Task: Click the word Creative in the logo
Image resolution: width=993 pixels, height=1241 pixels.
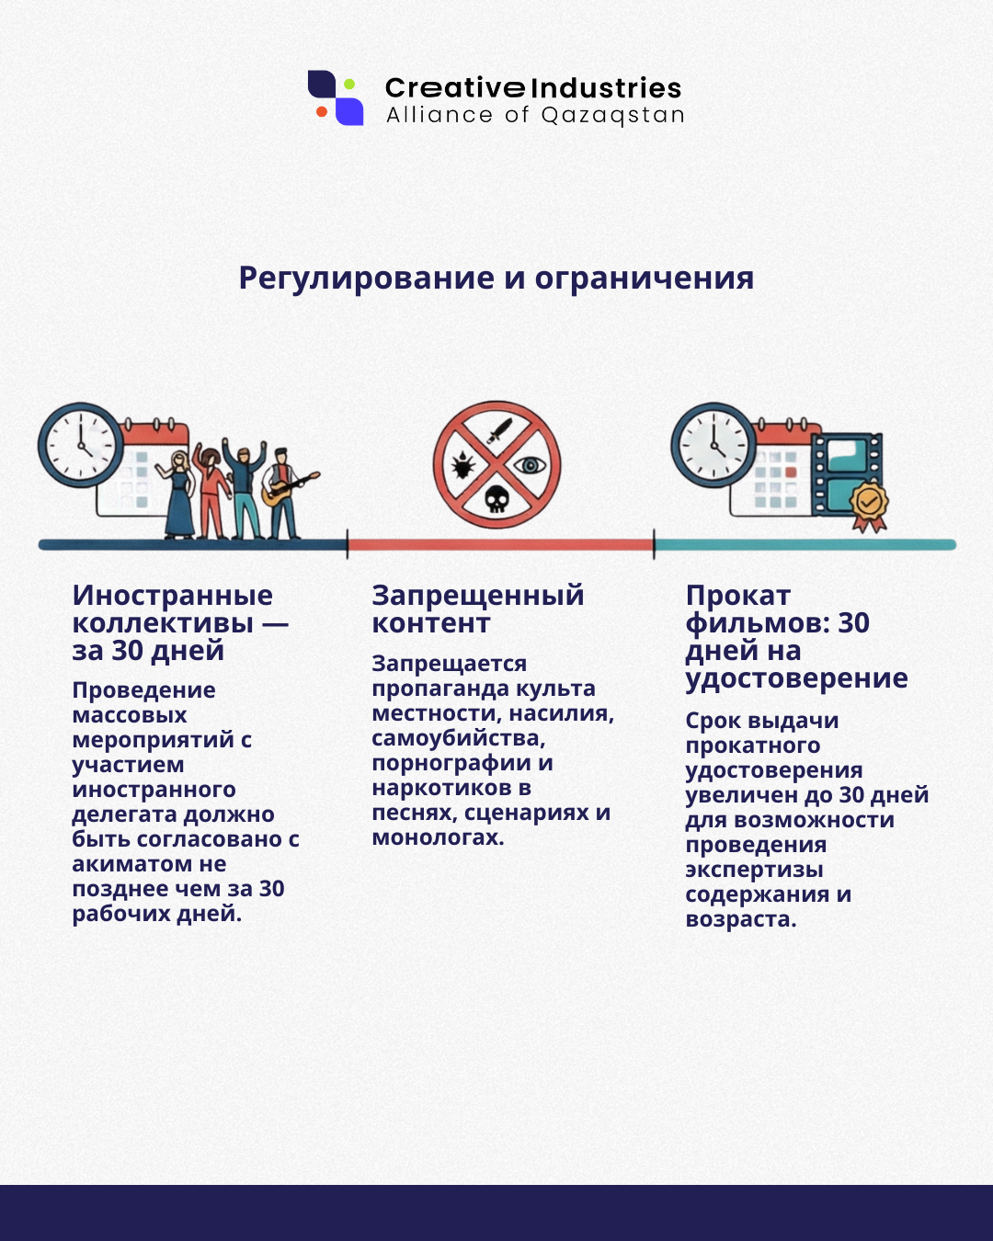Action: [455, 88]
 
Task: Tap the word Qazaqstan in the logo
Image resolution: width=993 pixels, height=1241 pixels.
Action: [612, 116]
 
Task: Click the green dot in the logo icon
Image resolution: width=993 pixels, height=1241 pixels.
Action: [349, 85]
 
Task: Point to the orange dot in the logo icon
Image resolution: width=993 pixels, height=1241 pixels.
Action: [322, 112]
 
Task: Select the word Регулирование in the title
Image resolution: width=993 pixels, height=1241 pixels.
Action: [366, 278]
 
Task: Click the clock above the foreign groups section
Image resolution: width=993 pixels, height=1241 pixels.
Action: [81, 444]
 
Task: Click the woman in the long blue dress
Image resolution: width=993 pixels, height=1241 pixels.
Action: [178, 496]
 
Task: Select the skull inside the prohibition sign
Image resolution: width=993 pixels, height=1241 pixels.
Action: [496, 498]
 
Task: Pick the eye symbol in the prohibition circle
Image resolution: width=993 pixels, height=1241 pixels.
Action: [530, 465]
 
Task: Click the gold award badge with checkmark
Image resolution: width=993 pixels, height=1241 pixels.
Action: [868, 504]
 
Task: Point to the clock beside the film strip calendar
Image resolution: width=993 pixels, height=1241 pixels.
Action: [713, 445]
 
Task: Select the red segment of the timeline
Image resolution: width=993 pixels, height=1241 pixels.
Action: [500, 544]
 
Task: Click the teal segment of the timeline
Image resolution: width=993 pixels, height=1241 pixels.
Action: [805, 544]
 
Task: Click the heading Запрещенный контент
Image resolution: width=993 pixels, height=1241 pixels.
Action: [477, 609]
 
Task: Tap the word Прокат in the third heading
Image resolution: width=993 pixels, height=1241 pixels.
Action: [737, 596]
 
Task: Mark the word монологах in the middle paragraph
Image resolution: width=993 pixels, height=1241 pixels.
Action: [436, 837]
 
